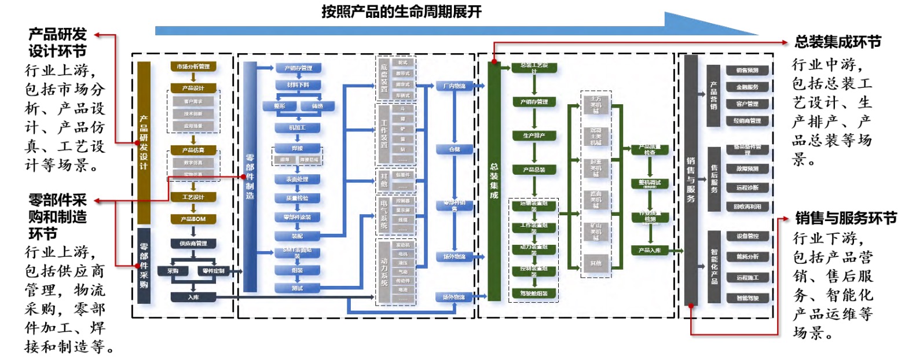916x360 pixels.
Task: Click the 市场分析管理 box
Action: click(x=193, y=67)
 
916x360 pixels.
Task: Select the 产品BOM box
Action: click(x=193, y=219)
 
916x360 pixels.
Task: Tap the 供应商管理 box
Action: click(x=193, y=244)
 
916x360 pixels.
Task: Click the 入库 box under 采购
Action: click(x=193, y=297)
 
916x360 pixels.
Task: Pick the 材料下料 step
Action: click(x=298, y=85)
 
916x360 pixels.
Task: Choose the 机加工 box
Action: click(x=298, y=128)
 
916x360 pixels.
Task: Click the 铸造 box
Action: click(x=317, y=106)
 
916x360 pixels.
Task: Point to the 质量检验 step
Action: click(x=298, y=198)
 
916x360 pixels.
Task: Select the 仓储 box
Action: click(x=454, y=149)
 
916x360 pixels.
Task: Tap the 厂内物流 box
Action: click(x=454, y=86)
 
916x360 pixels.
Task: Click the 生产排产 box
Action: click(x=534, y=136)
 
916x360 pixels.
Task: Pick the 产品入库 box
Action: click(x=650, y=251)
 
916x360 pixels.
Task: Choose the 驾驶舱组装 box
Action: click(x=534, y=293)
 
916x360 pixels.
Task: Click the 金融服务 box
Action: click(x=747, y=87)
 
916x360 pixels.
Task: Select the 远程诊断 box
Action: click(x=747, y=188)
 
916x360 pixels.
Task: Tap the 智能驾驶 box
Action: click(x=747, y=298)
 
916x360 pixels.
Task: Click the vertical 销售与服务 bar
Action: click(x=691, y=179)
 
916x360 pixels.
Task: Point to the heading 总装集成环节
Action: click(x=838, y=42)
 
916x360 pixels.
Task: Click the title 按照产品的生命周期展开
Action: click(x=402, y=12)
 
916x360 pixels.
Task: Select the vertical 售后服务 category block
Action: click(x=713, y=179)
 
